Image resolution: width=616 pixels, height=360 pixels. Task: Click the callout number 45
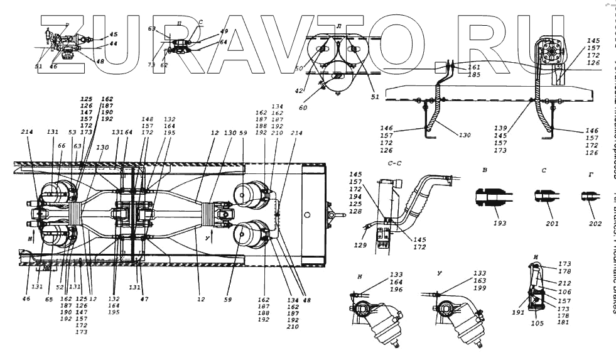(x=113, y=35)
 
